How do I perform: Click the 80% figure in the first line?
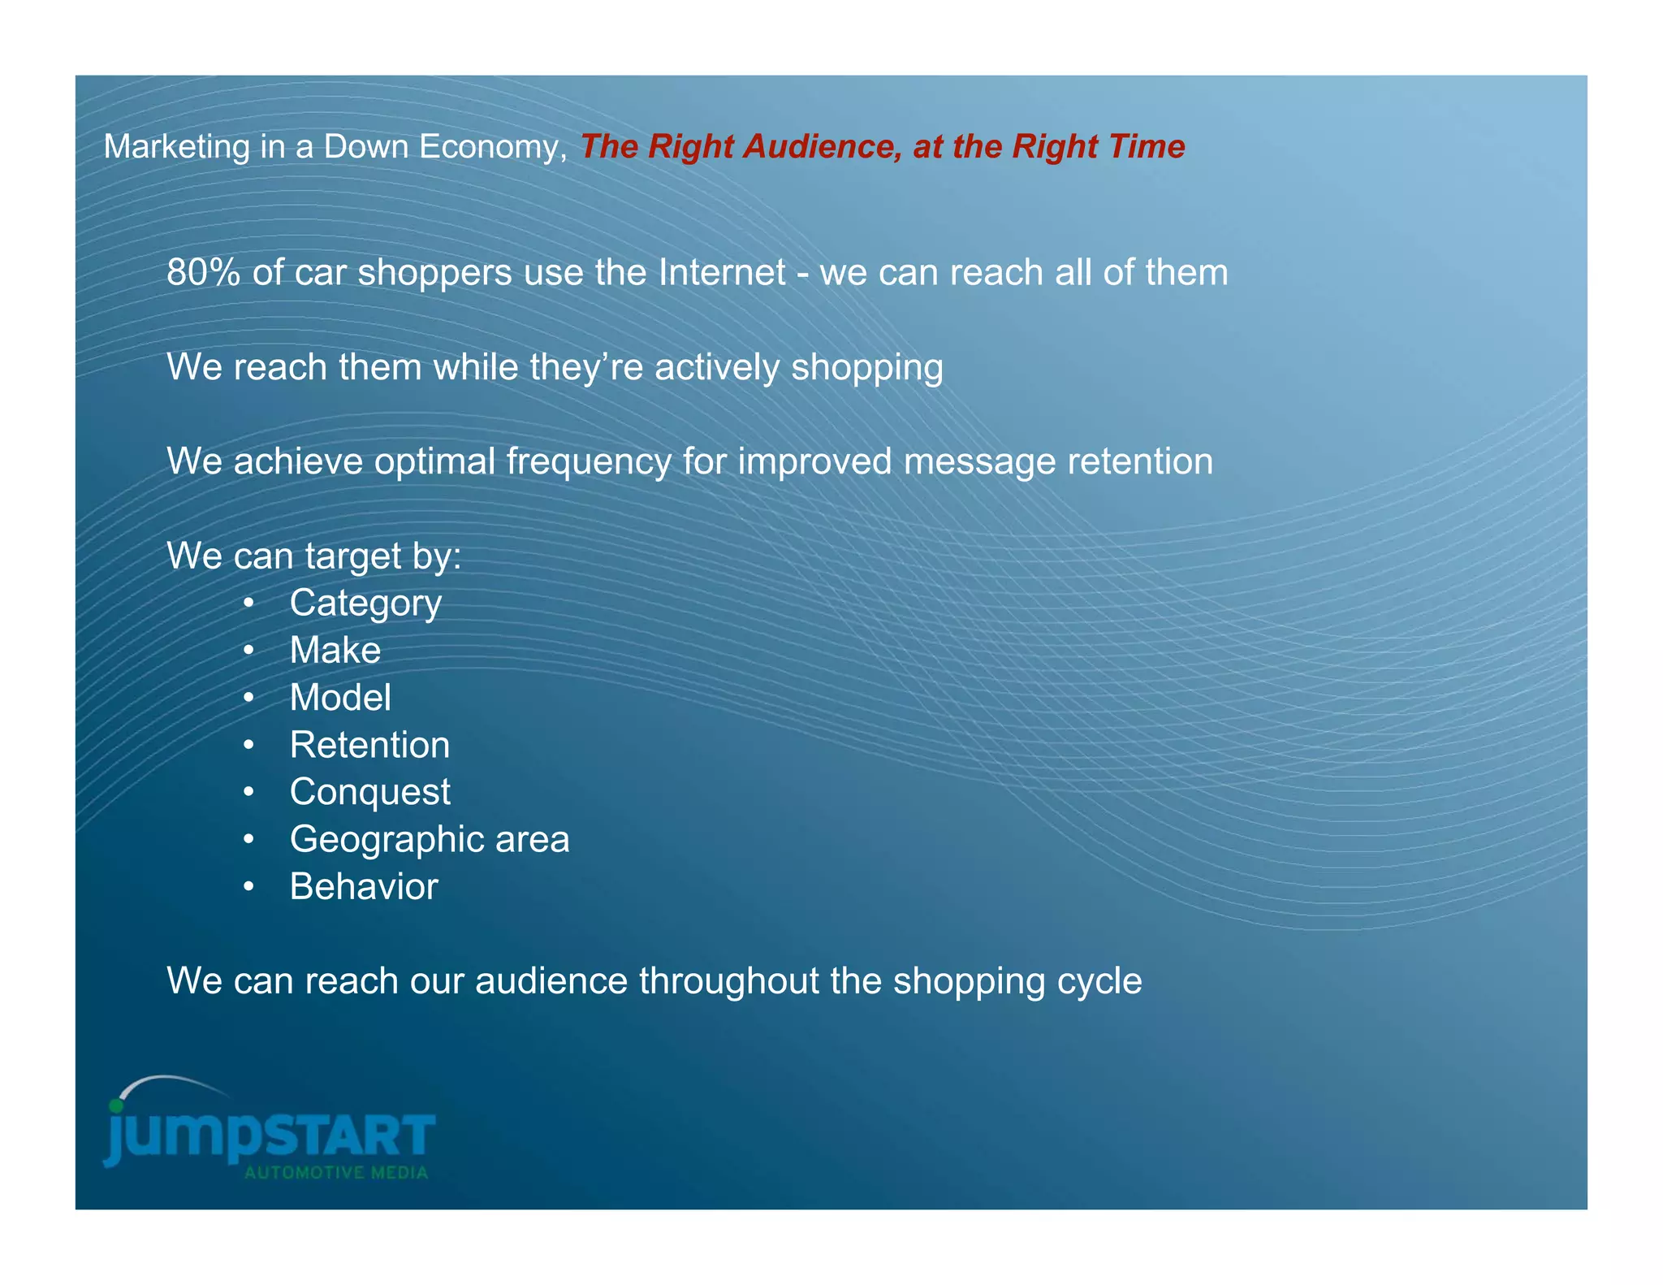point(203,273)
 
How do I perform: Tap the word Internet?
point(722,273)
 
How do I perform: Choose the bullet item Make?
point(335,651)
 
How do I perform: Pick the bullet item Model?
point(340,698)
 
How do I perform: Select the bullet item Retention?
point(369,745)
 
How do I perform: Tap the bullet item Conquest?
point(369,792)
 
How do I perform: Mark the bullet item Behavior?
point(364,886)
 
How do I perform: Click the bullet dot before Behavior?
point(249,887)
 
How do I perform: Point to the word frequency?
point(589,462)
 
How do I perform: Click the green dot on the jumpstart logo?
point(116,1105)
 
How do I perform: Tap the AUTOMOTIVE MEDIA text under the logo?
point(336,1173)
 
